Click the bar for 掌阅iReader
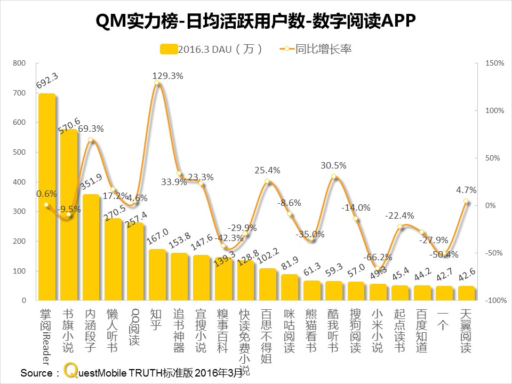click(47, 197)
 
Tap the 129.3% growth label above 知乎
click(167, 76)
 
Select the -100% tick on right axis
click(494, 301)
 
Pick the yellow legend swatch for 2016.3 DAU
click(168, 49)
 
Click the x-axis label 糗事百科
click(223, 331)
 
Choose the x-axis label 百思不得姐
click(267, 336)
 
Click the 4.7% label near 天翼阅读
click(466, 190)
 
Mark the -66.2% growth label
click(379, 258)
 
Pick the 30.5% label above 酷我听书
click(333, 165)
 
